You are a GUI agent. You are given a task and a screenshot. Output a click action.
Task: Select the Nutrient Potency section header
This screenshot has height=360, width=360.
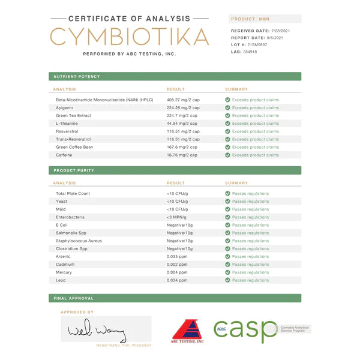77,77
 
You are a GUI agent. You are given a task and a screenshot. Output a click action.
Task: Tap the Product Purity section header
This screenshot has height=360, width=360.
74,170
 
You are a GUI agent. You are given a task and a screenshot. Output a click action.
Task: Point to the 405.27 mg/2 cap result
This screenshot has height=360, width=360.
182,100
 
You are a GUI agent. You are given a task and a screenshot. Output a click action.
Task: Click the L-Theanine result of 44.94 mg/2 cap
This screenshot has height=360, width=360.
182,124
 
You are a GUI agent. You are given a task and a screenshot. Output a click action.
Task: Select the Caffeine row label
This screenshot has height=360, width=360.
64,155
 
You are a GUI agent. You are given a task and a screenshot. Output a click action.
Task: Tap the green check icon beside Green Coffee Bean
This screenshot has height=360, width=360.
227,147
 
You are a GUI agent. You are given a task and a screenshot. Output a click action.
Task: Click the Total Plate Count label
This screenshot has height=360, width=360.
73,194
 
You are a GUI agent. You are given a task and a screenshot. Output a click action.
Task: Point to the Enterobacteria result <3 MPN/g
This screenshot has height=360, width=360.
177,217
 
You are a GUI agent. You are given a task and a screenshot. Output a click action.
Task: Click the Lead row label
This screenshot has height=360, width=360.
61,280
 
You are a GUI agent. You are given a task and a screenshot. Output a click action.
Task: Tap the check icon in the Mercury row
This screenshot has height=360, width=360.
227,272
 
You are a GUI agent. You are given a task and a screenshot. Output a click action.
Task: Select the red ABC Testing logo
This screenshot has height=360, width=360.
188,331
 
